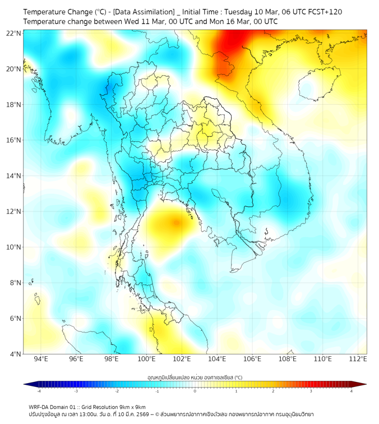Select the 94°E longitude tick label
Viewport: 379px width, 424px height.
41,359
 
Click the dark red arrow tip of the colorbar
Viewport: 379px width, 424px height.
363,384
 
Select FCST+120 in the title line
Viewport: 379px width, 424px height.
325,11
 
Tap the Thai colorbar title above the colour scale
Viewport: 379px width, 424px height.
195,377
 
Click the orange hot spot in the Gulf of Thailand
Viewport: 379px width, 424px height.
176,223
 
